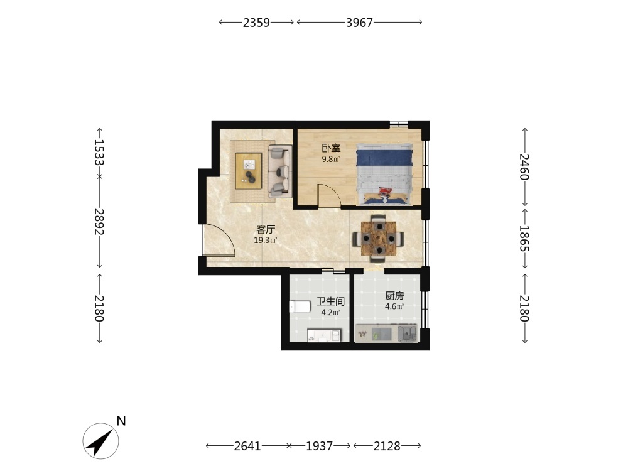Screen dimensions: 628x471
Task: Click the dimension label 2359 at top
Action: pos(256,23)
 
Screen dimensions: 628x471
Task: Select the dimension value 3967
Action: pos(359,23)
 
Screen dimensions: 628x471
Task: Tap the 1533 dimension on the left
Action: pos(99,153)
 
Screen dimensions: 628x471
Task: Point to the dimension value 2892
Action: pos(99,222)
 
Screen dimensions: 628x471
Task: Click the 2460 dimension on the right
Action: pos(524,167)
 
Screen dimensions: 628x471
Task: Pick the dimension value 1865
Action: pos(524,239)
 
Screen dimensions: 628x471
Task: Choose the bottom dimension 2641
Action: pos(247,446)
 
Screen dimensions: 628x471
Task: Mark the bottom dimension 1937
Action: pos(319,446)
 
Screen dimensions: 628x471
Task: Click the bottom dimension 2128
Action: pos(387,446)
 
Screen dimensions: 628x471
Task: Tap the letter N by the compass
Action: pos(121,421)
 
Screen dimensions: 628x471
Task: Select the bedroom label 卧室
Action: pos(331,148)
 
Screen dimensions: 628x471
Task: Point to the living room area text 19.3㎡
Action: pos(266,241)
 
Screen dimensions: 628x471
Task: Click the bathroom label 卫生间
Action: pos(330,301)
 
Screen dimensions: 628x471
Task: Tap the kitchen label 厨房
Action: pos(394,296)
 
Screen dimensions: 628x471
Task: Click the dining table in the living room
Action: pos(379,239)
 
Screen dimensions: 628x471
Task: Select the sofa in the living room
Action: pos(280,171)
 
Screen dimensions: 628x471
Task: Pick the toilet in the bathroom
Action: pos(300,307)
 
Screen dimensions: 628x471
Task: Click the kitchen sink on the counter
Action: pos(408,333)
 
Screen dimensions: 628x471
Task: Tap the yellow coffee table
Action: pos(249,171)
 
